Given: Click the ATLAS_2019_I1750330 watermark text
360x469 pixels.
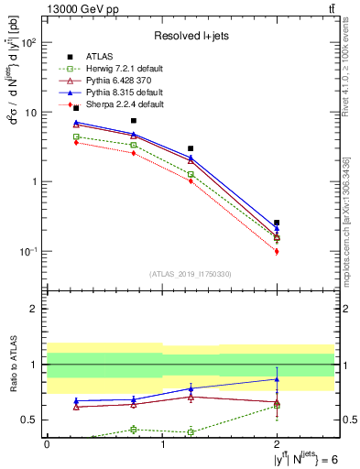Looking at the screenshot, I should point(191,274).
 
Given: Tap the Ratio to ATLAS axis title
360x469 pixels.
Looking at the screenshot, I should point(12,364).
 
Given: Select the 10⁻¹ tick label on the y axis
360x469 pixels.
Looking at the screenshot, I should point(28,251).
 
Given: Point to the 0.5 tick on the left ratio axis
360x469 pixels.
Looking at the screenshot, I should point(31,420).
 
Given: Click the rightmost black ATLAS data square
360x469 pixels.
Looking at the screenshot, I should point(277,223).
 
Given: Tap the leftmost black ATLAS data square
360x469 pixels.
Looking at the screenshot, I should point(76,108).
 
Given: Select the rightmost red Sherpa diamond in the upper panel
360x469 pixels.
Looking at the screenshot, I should point(277,251).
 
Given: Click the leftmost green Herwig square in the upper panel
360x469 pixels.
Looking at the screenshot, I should point(76,136).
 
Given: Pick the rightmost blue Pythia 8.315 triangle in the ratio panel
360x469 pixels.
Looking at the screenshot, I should point(277,379).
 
